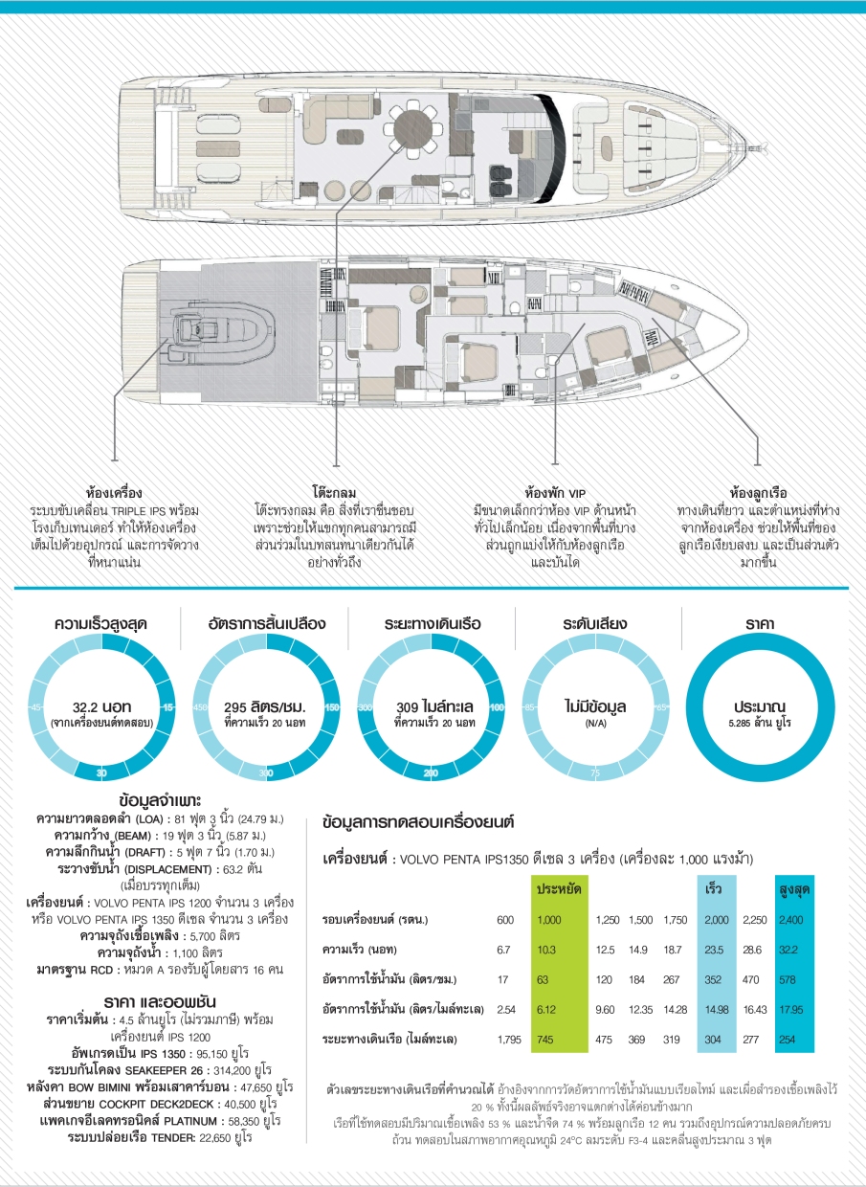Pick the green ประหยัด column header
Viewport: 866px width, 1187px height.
[x=560, y=888]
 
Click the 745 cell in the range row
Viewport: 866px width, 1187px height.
[x=547, y=1038]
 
